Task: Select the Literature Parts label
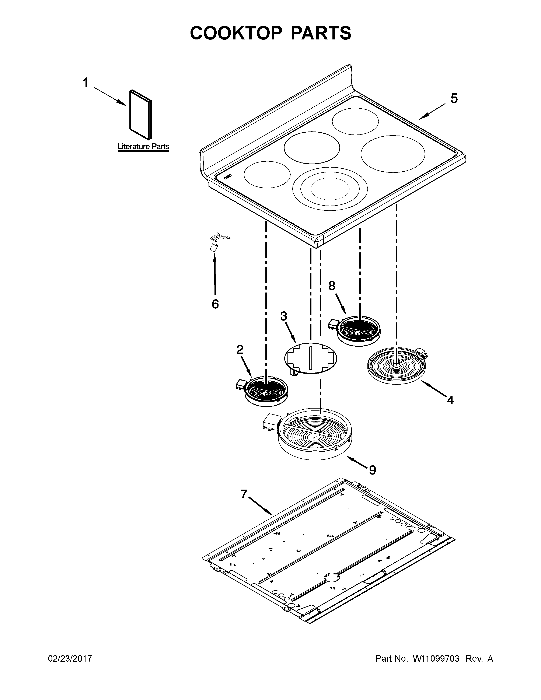tap(143, 147)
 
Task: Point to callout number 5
tap(454, 98)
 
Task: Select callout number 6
tap(215, 304)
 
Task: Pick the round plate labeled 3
tap(311, 358)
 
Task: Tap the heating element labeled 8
tap(359, 331)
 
